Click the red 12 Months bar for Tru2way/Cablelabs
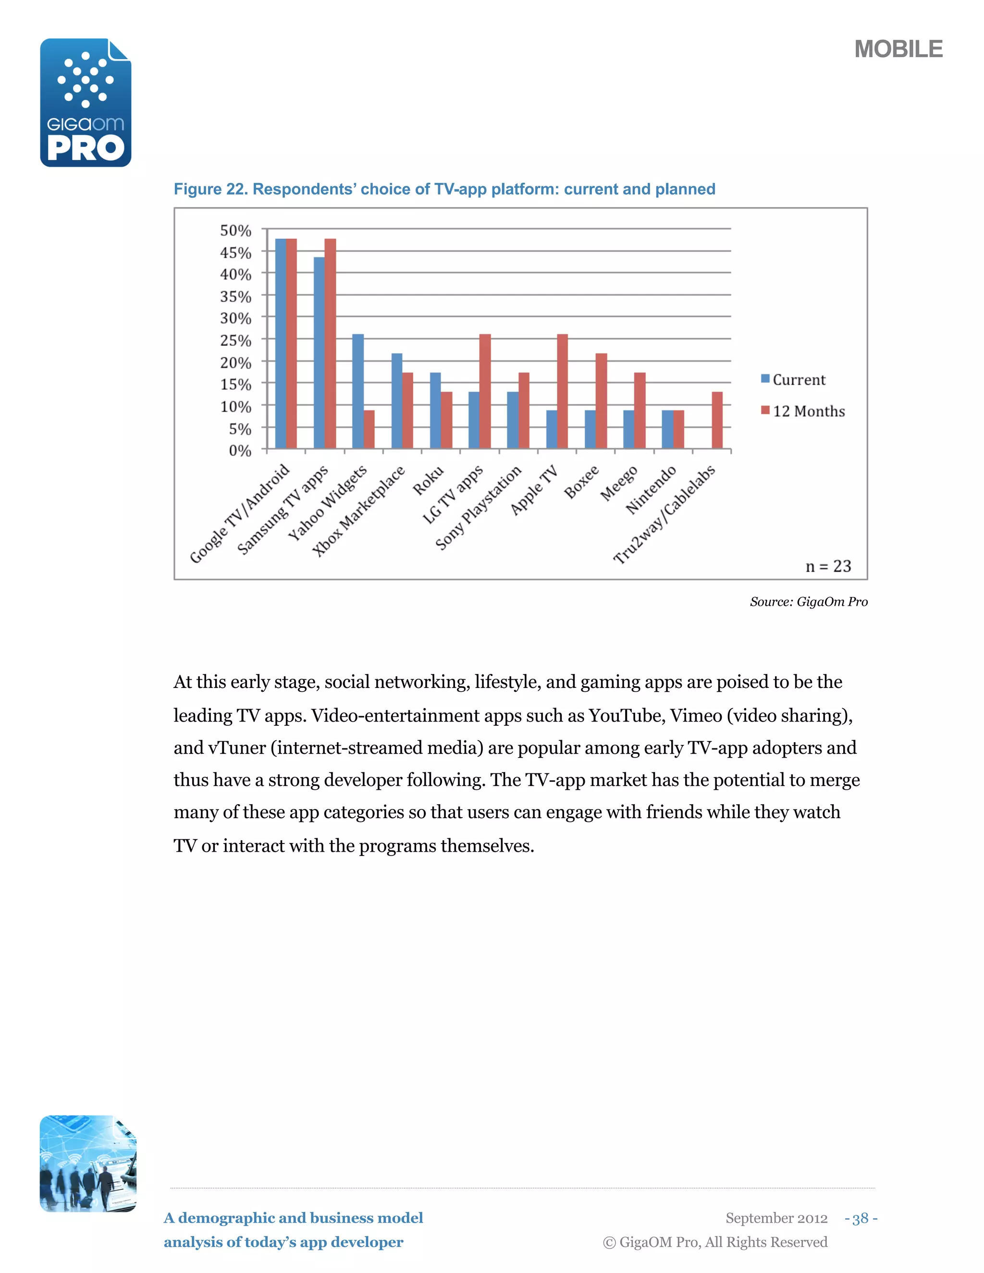click(717, 420)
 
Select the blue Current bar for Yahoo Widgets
click(358, 391)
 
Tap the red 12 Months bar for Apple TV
click(563, 391)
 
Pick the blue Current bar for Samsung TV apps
click(319, 353)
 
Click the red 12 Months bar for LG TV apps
click(485, 391)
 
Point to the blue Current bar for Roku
click(435, 410)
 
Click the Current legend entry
click(793, 380)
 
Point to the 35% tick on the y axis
click(235, 297)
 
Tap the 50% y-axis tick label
click(235, 231)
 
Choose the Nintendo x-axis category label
click(651, 490)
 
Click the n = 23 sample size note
click(828, 566)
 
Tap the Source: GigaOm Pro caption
click(809, 601)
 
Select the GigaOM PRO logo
click(86, 103)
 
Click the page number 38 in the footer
click(861, 1218)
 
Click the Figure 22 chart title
click(444, 189)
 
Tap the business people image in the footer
click(87, 1163)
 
